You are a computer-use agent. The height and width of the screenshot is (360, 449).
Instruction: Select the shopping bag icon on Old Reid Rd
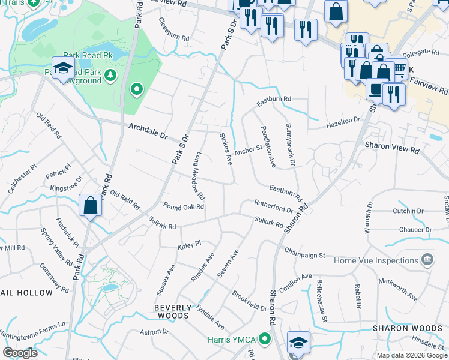[x=90, y=206]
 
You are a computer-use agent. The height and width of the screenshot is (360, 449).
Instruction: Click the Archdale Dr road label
[x=148, y=130]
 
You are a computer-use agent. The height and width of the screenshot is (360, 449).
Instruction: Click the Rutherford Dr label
[x=273, y=207]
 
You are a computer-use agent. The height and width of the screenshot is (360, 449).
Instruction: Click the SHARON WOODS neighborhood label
[x=408, y=328]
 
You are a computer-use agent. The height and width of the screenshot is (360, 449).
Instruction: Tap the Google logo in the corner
[x=20, y=352]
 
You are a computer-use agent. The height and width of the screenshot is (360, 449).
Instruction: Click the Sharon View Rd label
[x=391, y=148]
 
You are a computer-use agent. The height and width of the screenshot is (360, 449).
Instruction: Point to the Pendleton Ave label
[x=268, y=146]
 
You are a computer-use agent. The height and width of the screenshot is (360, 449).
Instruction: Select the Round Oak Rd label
[x=184, y=206]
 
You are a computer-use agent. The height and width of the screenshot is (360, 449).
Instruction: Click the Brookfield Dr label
[x=249, y=302]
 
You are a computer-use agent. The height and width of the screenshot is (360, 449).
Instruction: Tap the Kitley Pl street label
[x=188, y=245]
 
